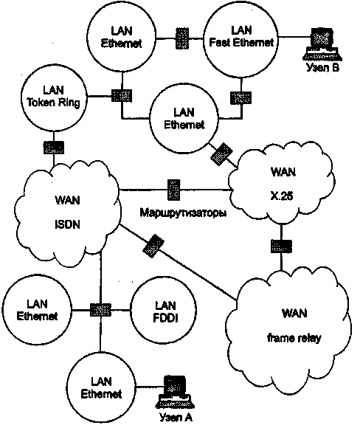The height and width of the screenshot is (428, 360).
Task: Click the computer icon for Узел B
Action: click(x=322, y=44)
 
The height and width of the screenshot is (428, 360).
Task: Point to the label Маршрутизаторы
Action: click(x=183, y=213)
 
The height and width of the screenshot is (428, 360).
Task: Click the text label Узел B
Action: click(x=322, y=67)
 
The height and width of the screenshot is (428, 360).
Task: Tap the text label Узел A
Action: click(x=176, y=417)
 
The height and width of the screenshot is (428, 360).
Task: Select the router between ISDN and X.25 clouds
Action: click(x=174, y=190)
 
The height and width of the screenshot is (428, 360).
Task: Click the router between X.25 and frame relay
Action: click(x=281, y=246)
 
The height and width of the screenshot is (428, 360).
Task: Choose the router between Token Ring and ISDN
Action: click(x=54, y=148)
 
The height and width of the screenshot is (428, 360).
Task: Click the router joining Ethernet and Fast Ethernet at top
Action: click(x=181, y=38)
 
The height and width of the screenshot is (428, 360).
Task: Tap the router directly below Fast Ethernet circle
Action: click(x=241, y=98)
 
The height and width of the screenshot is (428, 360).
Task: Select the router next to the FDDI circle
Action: click(x=100, y=310)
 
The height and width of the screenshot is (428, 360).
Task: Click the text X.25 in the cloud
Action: click(x=282, y=196)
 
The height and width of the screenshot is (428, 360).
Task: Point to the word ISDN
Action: click(x=68, y=224)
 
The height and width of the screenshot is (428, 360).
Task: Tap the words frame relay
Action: click(x=294, y=338)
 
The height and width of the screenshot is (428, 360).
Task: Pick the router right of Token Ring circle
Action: click(x=122, y=96)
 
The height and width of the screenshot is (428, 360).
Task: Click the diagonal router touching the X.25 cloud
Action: click(x=221, y=154)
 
